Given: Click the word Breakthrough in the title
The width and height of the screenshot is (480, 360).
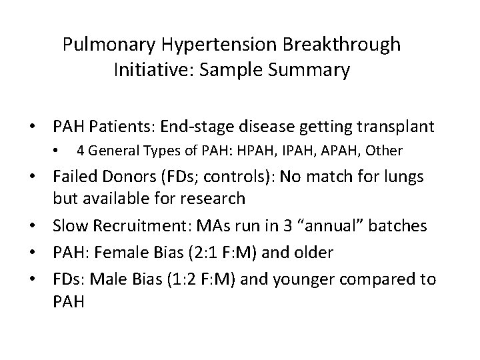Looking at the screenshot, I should coord(343,45).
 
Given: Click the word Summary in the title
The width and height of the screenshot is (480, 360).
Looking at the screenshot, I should coord(306,71).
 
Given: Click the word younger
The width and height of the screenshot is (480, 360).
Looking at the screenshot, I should coord(309,279).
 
